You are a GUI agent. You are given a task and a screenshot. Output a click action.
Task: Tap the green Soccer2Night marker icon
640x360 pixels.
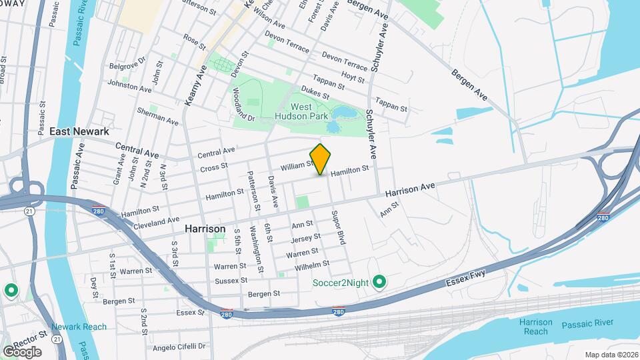379,282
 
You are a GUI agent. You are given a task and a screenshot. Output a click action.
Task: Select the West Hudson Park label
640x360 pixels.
300,111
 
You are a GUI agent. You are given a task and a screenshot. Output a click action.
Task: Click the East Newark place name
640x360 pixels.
79,131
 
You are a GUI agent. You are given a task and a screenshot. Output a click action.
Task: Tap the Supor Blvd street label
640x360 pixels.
337,227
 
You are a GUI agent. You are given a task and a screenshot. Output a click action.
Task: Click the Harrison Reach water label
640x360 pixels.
536,327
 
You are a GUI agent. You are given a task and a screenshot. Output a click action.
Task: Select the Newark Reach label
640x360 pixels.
79,327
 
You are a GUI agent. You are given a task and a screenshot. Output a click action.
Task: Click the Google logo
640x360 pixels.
22,351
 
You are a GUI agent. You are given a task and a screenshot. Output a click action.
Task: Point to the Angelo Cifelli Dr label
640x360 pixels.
180,347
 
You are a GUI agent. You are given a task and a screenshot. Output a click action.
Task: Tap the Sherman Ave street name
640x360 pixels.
158,117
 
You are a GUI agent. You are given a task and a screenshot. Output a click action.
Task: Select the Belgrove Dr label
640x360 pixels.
127,65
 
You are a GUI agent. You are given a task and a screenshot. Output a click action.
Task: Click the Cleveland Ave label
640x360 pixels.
157,221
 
